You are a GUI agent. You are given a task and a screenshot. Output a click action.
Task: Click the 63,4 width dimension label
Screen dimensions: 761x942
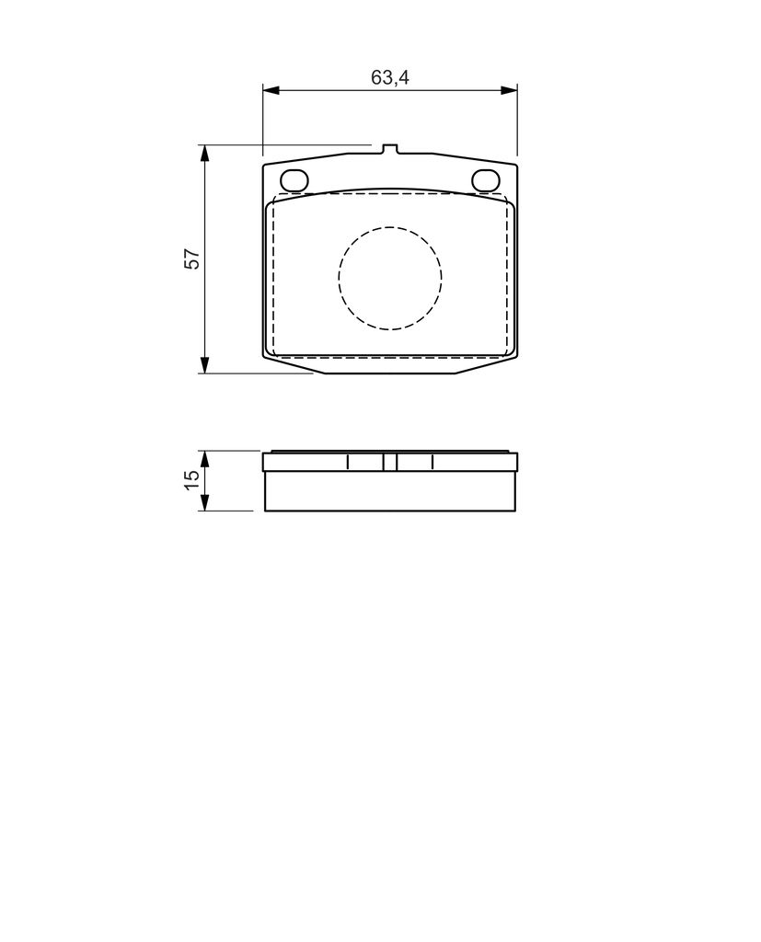pos(389,77)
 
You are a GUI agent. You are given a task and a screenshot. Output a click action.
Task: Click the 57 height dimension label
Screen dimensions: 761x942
pos(192,258)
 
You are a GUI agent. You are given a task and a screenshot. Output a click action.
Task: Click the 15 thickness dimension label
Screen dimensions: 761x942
pos(192,479)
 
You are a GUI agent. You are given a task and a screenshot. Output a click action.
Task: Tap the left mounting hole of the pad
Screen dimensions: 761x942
pos(294,179)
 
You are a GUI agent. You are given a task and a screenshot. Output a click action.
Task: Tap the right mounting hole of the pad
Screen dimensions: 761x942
pos(486,179)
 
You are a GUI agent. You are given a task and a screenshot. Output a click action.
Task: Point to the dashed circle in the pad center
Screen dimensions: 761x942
pos(390,227)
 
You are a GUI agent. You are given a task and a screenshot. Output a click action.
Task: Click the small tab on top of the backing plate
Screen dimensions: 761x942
pos(389,149)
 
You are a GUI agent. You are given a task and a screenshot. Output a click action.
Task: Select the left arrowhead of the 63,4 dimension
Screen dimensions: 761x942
pos(271,90)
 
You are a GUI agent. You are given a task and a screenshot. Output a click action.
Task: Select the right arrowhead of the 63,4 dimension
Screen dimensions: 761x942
pos(509,90)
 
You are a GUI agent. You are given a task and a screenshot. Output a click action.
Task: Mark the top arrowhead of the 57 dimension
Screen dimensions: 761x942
pos(205,154)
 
